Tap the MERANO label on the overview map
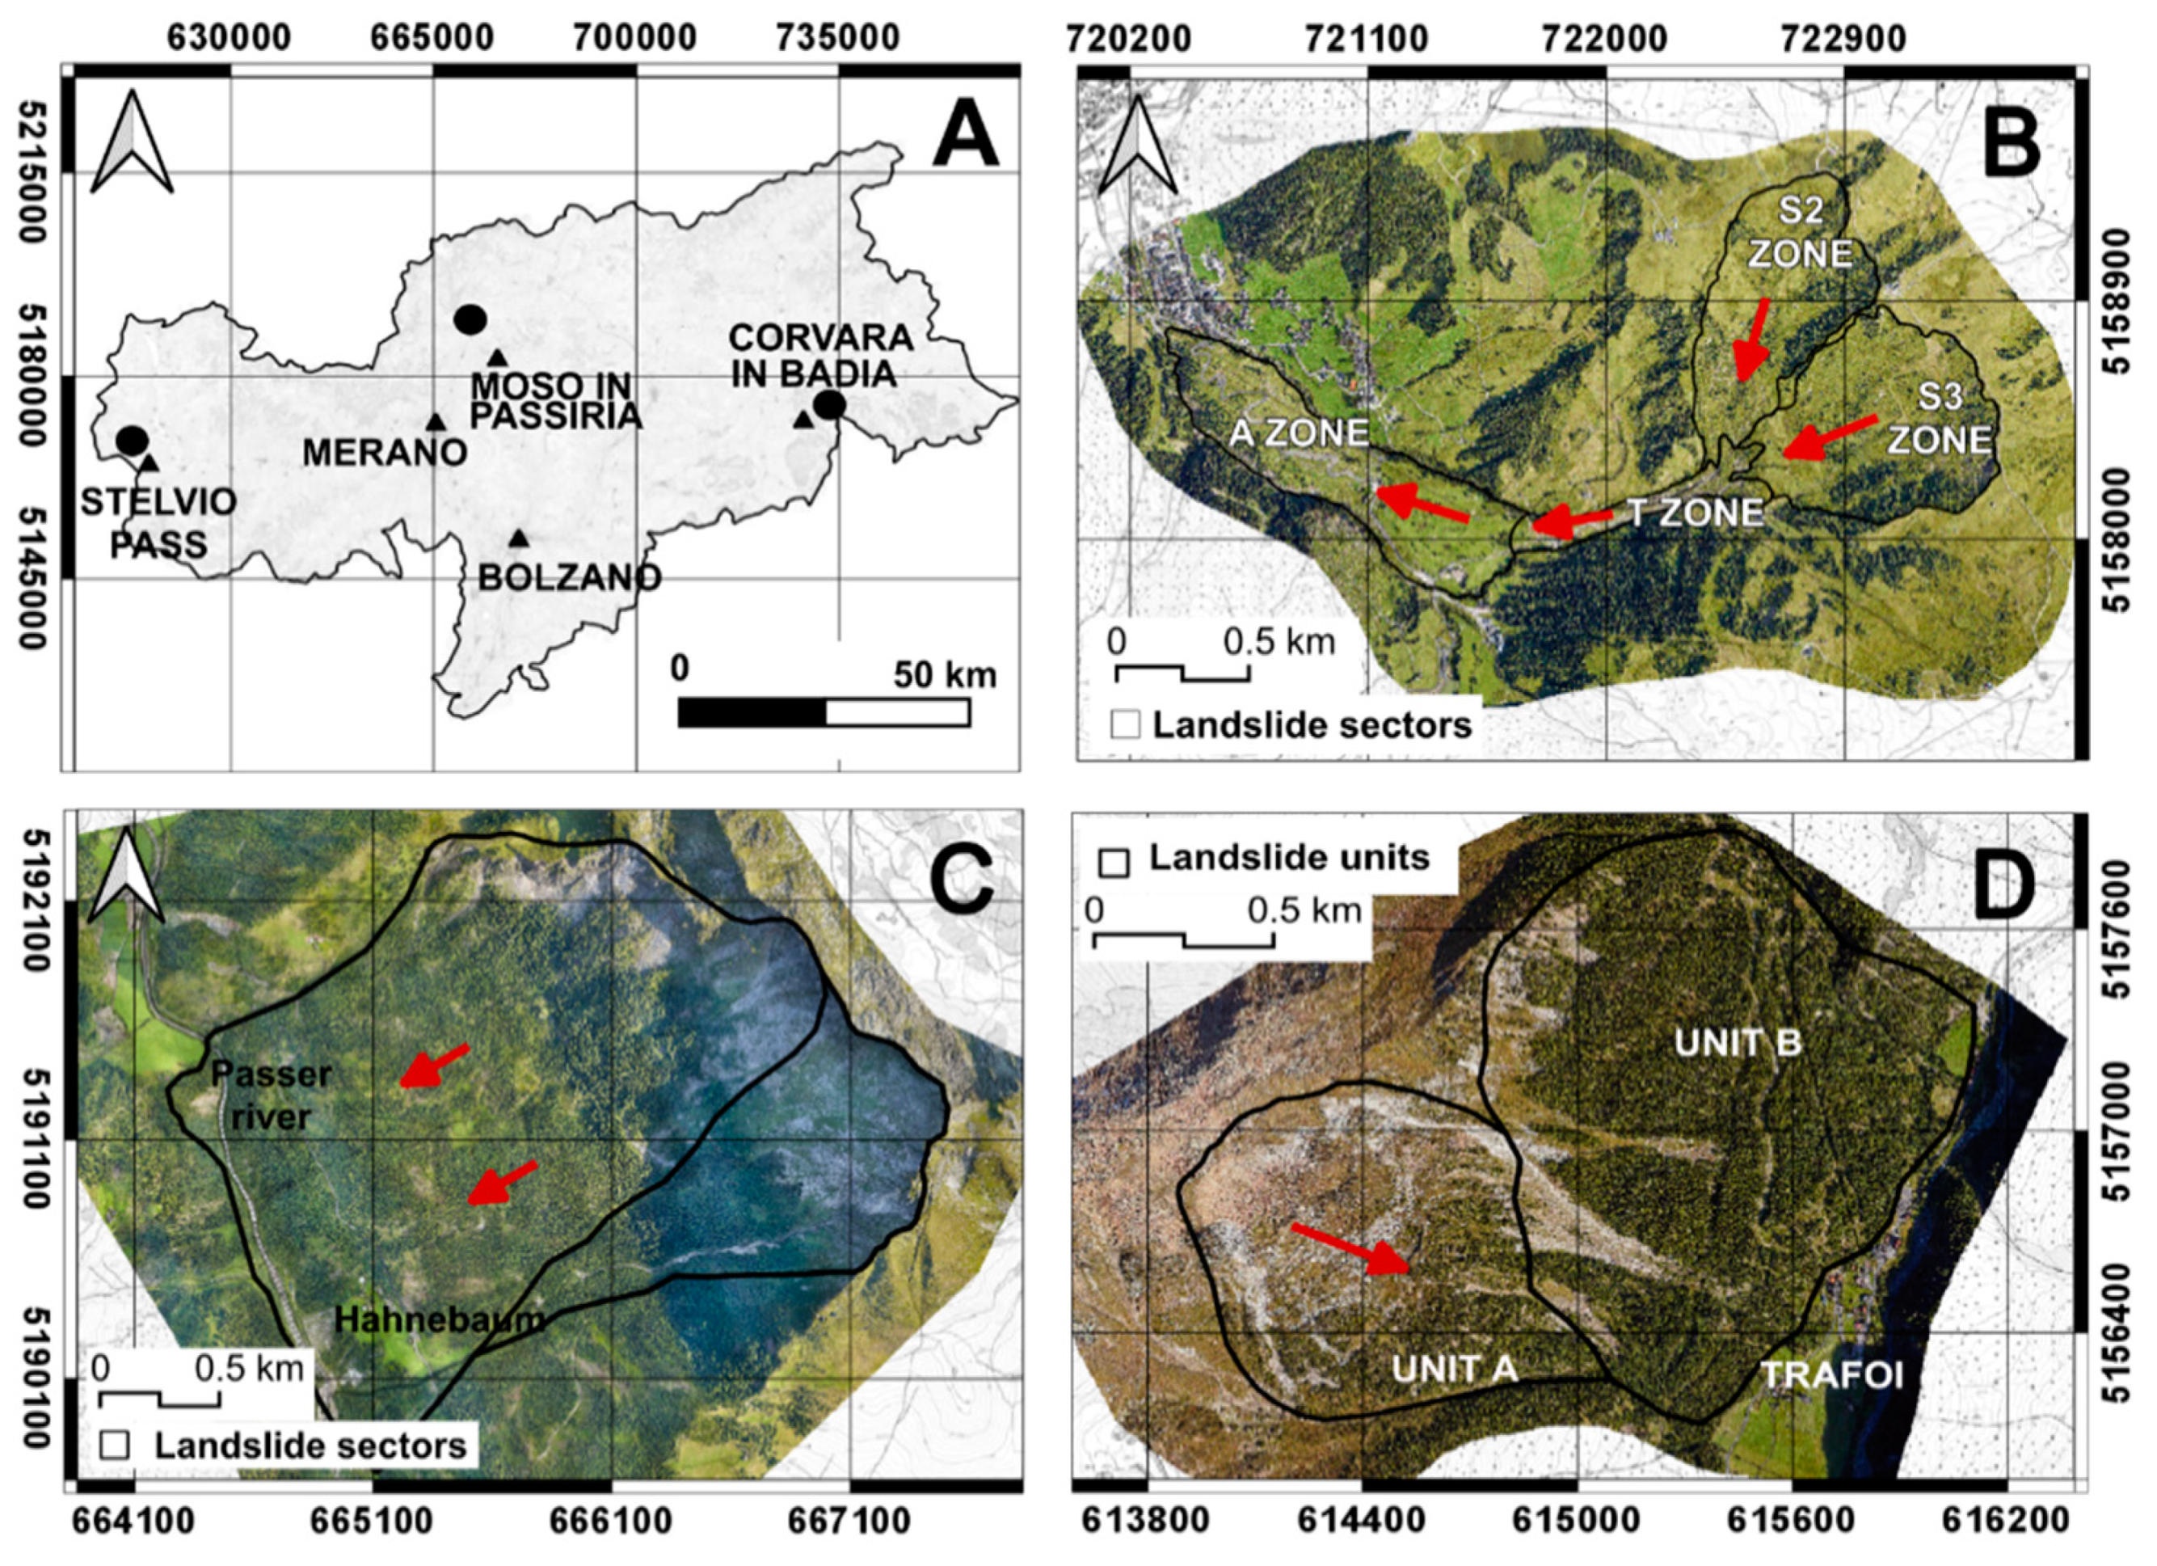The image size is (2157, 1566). coord(384,452)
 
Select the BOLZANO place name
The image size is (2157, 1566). coord(569,576)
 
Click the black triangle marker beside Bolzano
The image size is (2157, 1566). coord(518,538)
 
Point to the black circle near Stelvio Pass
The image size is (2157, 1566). coord(133,441)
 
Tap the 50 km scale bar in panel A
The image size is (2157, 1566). coord(824,711)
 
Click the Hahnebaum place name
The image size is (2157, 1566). coord(440,1319)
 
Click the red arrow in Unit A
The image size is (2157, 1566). coord(1350,1248)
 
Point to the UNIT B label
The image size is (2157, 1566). coord(1738,1043)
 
